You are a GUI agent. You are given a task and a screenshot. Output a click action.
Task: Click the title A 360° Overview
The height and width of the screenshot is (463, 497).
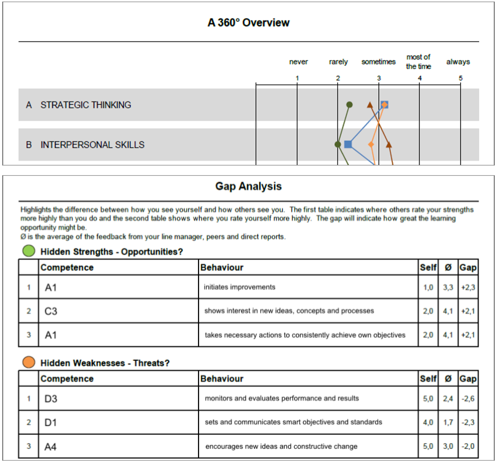tap(248, 23)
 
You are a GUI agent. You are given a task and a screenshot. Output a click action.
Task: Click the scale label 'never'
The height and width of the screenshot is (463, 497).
tap(298, 62)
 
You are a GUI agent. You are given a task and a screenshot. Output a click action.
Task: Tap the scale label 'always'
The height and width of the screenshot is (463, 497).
tap(458, 62)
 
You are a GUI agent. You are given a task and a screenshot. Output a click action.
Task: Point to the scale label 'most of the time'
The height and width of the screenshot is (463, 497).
tap(418, 61)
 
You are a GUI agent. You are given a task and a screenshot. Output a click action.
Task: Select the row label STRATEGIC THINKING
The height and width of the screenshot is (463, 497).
tap(86, 105)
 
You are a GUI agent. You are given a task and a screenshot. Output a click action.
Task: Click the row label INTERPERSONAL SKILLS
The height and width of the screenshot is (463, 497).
tap(92, 145)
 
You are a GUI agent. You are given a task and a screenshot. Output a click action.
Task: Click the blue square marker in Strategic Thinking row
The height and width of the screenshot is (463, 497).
tap(384, 104)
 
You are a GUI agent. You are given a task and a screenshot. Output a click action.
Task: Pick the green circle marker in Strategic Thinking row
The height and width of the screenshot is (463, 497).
tap(350, 104)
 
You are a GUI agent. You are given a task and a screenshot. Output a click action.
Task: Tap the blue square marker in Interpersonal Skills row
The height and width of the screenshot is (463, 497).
tap(348, 144)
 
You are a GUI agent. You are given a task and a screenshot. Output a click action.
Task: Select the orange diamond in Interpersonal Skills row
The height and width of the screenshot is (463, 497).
tap(371, 144)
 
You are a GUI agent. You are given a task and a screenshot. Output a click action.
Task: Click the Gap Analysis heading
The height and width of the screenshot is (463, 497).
tap(248, 186)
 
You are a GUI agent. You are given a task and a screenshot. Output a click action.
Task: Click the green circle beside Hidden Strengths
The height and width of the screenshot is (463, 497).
tap(29, 251)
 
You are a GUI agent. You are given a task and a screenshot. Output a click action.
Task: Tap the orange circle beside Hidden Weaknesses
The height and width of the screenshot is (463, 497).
tap(29, 363)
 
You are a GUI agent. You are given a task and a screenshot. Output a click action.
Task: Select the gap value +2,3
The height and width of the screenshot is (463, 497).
tap(468, 287)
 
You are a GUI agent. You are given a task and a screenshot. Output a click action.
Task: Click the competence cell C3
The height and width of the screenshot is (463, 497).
tap(51, 312)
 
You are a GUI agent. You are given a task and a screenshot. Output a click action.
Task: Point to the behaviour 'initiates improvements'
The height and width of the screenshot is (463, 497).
tap(239, 287)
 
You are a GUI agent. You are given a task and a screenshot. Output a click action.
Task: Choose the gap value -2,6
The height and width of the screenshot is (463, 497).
tap(468, 398)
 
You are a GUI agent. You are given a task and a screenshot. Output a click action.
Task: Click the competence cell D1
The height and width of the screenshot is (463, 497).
tap(51, 422)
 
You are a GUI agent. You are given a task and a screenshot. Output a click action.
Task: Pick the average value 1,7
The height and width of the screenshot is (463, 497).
tap(448, 422)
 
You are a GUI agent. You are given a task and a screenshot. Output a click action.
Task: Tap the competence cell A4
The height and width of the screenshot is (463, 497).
tap(51, 447)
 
